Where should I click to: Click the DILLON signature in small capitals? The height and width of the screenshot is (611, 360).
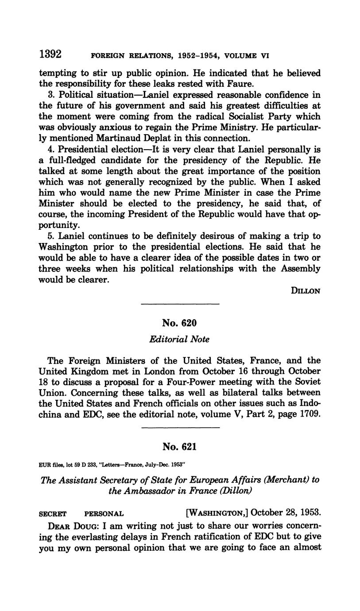(x=305, y=291)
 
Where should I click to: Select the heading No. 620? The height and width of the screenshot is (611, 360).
(x=179, y=323)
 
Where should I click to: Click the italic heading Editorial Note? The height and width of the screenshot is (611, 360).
(x=179, y=340)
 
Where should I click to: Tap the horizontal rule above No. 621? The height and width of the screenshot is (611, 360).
(x=179, y=428)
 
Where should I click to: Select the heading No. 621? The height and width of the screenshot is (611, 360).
(x=179, y=447)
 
